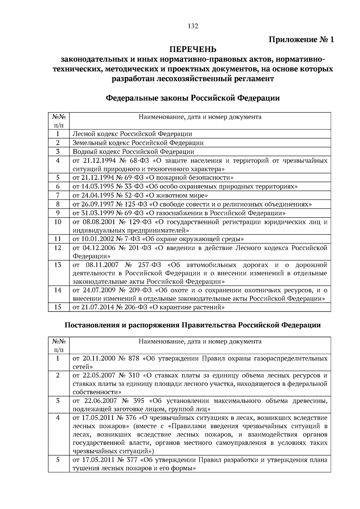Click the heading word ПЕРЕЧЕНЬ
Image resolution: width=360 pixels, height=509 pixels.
[x=193, y=49]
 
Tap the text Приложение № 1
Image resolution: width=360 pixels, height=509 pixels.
[x=301, y=40]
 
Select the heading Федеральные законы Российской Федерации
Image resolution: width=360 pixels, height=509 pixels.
[x=193, y=98]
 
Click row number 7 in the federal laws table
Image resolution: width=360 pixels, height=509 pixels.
[x=58, y=196]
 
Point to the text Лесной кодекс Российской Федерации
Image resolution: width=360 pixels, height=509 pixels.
[x=132, y=134]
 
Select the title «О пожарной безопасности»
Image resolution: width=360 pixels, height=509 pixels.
[x=192, y=178]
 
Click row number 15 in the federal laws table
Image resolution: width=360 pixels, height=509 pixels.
[x=58, y=307]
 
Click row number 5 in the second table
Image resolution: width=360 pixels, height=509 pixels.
[x=58, y=460]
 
